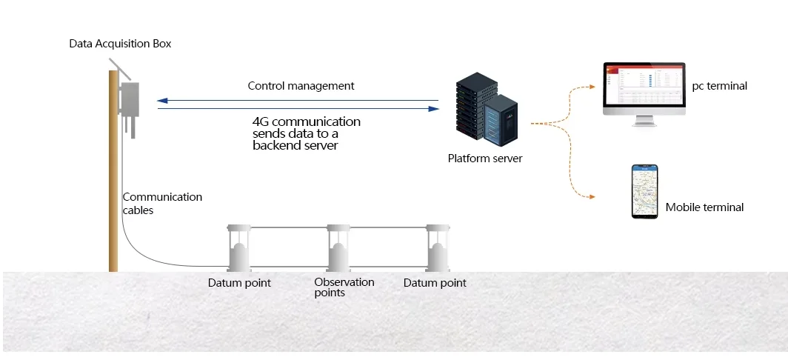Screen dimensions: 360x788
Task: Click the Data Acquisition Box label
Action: (x=120, y=44)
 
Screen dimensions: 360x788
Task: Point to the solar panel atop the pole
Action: (x=118, y=68)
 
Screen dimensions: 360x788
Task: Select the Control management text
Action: (x=301, y=86)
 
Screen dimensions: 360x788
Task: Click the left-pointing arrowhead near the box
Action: (x=162, y=100)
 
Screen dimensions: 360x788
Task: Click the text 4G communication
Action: (x=307, y=121)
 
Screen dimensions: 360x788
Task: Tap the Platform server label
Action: (x=485, y=158)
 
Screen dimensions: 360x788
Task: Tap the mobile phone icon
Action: (x=644, y=191)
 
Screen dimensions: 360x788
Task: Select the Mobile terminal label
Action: (x=704, y=207)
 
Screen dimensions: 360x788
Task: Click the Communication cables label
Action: (x=161, y=203)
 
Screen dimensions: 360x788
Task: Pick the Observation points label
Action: (x=344, y=287)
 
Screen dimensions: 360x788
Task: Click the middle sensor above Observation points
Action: (x=338, y=247)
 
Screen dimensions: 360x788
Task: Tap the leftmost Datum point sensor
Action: (x=238, y=247)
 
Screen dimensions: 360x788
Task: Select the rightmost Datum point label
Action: (x=435, y=283)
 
